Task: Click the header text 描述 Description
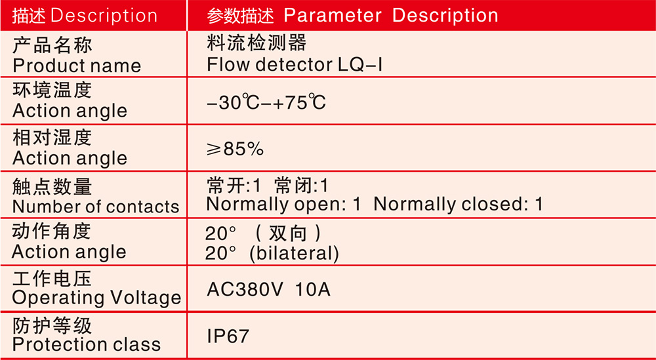click(x=85, y=16)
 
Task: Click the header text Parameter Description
click(x=391, y=16)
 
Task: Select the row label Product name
click(x=77, y=66)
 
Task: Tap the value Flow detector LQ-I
click(x=295, y=64)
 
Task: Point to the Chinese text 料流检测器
click(x=256, y=43)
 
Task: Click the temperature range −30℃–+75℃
click(x=266, y=102)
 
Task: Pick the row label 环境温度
click(x=52, y=90)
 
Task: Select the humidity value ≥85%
click(x=235, y=149)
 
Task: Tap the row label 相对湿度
click(x=52, y=138)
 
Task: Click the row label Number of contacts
click(x=96, y=207)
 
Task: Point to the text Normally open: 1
click(x=283, y=204)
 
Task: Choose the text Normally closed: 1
click(x=458, y=204)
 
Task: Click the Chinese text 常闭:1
click(x=302, y=186)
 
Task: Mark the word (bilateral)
click(x=294, y=253)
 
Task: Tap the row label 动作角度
click(x=51, y=231)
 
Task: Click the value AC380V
click(x=245, y=289)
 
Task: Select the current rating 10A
click(x=313, y=289)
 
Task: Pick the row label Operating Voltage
click(x=96, y=298)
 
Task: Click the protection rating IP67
click(x=228, y=336)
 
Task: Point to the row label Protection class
click(x=87, y=344)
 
